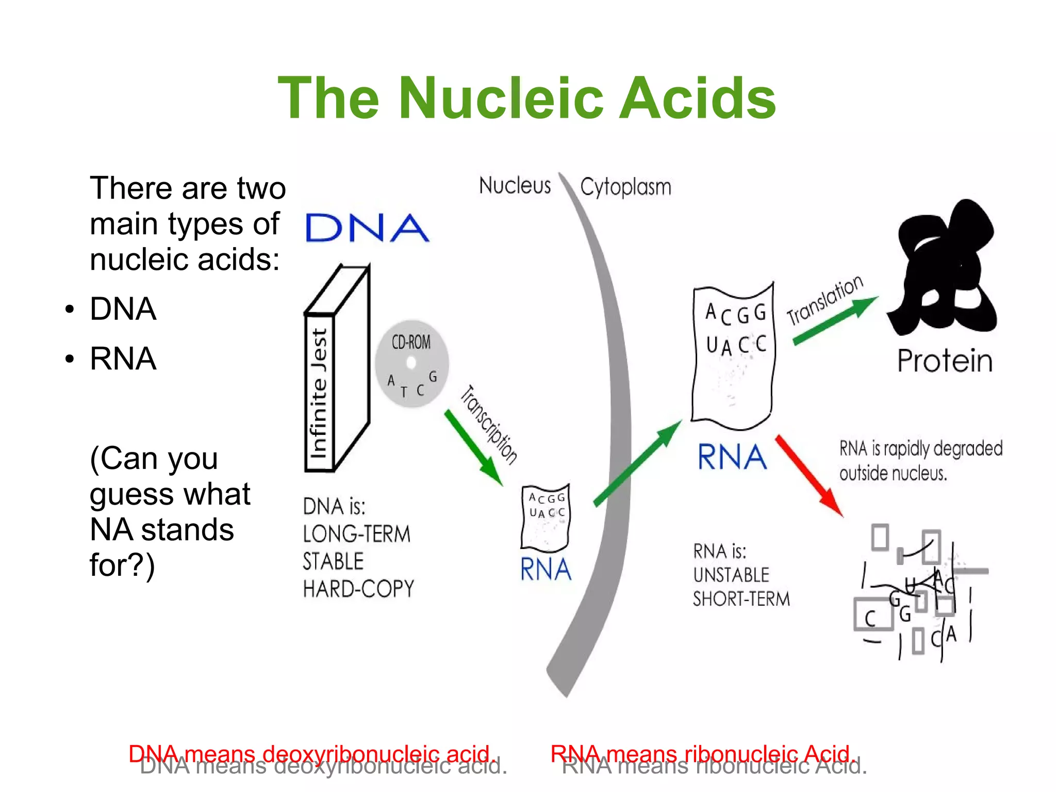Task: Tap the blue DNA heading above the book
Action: [367, 228]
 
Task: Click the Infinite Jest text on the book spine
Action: [319, 393]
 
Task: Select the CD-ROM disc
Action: [411, 364]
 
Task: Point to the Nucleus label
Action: [515, 186]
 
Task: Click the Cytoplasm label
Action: [625, 187]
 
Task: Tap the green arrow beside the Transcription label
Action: [473, 447]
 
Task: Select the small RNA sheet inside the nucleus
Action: [546, 517]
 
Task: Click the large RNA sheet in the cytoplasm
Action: [733, 356]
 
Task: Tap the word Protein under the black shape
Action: [945, 361]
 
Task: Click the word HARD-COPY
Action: [358, 589]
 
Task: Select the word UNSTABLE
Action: [731, 575]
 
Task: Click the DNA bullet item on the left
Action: [123, 309]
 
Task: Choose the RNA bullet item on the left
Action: [123, 359]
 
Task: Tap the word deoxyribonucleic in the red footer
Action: [351, 754]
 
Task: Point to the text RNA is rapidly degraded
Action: [921, 449]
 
